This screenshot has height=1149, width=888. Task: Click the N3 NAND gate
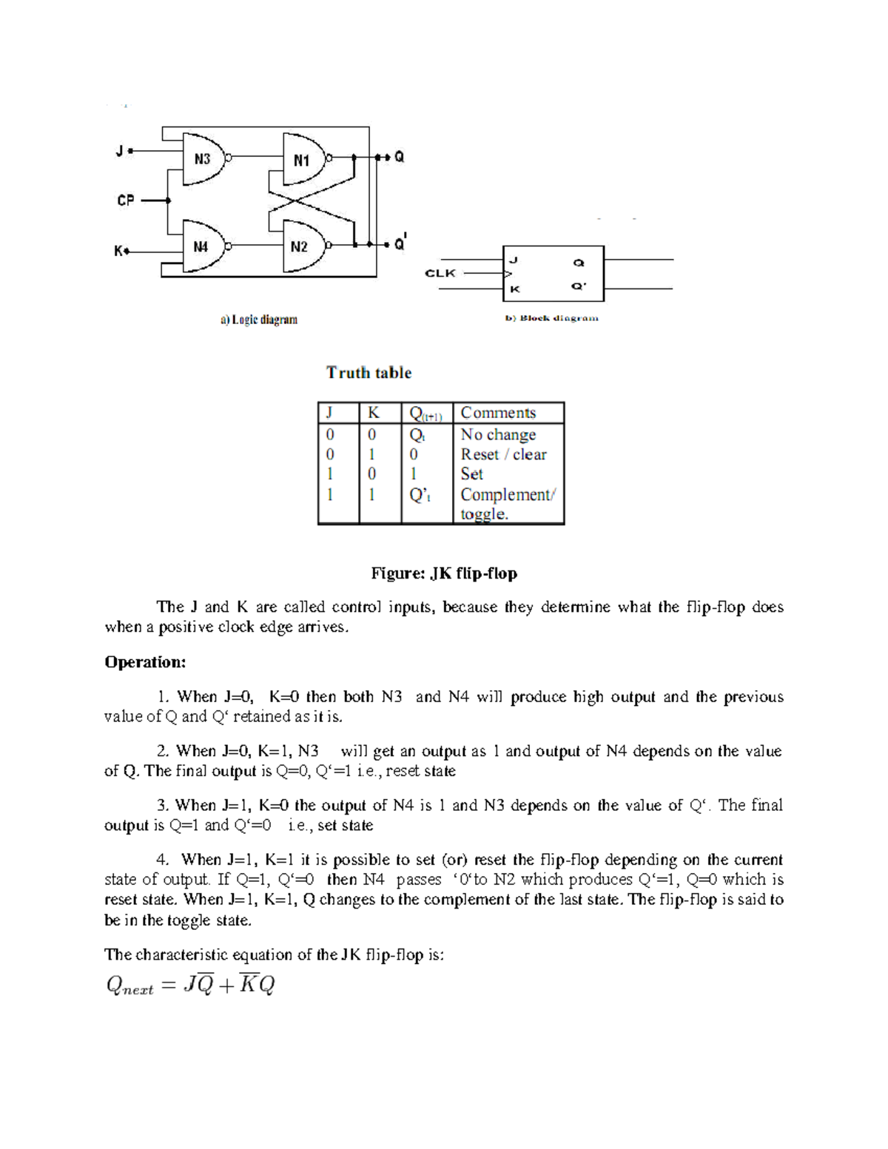[x=203, y=158]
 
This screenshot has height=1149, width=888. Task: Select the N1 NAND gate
[x=303, y=159]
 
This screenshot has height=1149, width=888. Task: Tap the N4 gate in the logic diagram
[x=202, y=246]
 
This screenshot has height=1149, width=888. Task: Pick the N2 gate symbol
[x=301, y=246]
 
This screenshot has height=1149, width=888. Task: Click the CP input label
[x=126, y=200]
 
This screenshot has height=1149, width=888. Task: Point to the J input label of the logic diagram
[x=119, y=151]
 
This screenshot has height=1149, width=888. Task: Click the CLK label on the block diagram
[x=440, y=273]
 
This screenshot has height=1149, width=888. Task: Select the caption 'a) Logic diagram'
[x=259, y=320]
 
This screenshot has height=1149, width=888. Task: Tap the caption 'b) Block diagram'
[x=552, y=318]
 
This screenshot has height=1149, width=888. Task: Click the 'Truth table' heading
[x=369, y=373]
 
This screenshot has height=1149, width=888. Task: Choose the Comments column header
[x=498, y=413]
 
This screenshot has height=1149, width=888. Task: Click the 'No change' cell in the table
[x=498, y=434]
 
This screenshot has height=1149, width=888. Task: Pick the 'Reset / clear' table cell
[x=503, y=454]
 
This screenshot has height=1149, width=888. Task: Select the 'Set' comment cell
[x=471, y=474]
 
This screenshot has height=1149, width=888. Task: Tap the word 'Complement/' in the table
[x=508, y=494]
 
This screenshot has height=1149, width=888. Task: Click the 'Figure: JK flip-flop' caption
[x=444, y=573]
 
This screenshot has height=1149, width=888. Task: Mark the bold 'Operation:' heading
[x=145, y=661]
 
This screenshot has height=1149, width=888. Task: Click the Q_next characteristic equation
[x=191, y=985]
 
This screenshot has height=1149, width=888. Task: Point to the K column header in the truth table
[x=374, y=413]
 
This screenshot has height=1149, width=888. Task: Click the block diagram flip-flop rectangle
[x=554, y=274]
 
